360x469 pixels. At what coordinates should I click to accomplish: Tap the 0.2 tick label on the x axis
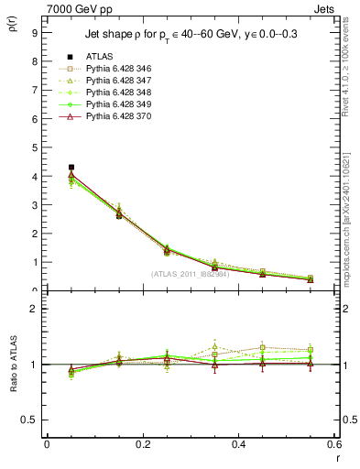point(142,444)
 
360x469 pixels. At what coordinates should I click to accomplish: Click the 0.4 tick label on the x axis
point(238,444)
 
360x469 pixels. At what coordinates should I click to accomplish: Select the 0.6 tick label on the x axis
point(333,444)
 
